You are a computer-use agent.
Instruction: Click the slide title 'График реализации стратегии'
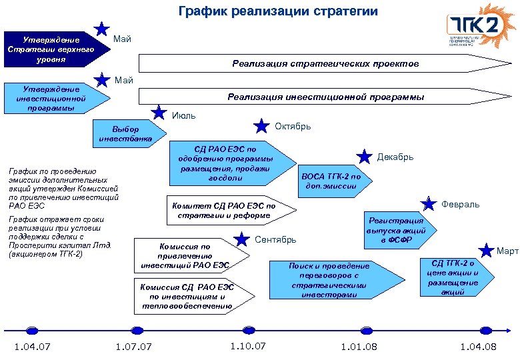[278, 12]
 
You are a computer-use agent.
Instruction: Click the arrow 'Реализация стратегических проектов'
[325, 64]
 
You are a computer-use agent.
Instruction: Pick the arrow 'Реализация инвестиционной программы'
[325, 97]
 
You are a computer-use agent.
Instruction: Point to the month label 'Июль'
[183, 115]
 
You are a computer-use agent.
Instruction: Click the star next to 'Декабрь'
[364, 157]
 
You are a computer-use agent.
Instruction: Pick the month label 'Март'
[507, 251]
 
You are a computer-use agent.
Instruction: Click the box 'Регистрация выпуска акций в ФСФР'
[398, 230]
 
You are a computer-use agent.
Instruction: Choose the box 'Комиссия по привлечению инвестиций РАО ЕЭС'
[185, 255]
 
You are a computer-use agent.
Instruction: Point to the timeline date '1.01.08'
[359, 347]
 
